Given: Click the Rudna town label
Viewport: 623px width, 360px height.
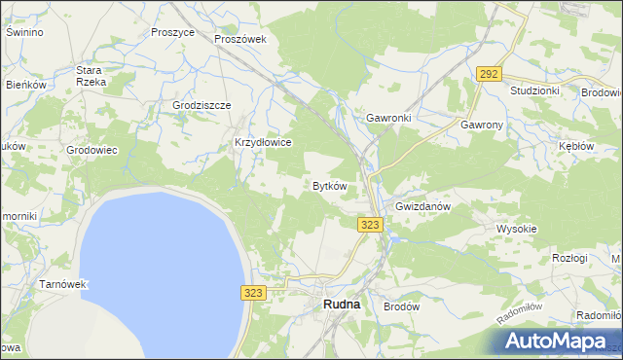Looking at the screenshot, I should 341,305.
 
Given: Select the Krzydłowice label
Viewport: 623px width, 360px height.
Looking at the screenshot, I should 263,142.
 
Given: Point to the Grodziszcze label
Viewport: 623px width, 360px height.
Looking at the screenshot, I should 201,105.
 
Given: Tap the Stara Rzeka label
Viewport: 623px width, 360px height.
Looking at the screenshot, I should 90,76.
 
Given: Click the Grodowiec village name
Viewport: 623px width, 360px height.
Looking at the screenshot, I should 92,151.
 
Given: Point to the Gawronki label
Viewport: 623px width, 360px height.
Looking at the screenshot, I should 389,118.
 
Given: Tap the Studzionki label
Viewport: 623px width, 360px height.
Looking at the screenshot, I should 534,90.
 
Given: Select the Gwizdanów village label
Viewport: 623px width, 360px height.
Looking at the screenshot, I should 421,207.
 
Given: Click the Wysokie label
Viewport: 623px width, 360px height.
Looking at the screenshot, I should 517,229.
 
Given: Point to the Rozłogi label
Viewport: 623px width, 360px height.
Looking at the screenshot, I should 569,258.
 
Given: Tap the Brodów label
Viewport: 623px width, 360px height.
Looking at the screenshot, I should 401,305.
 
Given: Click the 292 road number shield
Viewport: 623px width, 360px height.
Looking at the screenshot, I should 489,74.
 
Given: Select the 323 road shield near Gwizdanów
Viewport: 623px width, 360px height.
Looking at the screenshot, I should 370,225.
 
